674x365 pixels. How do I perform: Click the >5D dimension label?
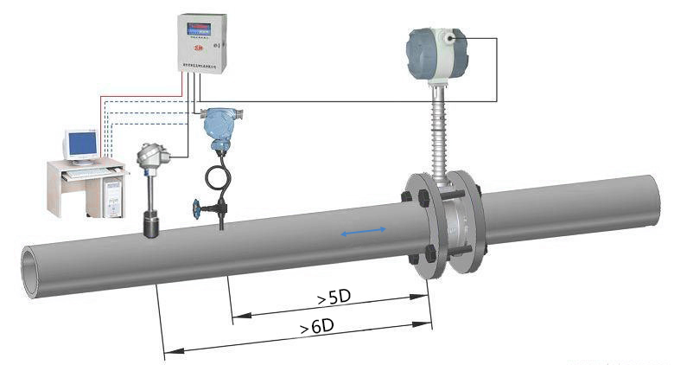[x=334, y=298]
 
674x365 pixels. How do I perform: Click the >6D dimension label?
[x=317, y=328]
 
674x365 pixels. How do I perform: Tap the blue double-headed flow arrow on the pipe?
[x=364, y=233]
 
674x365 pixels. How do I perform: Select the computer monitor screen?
[x=83, y=144]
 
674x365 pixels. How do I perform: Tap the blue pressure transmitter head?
[x=219, y=125]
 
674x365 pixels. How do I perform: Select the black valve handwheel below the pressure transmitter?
[x=198, y=208]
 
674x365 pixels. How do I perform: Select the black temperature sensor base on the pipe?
[x=154, y=225]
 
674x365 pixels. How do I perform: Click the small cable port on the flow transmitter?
[x=452, y=37]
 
